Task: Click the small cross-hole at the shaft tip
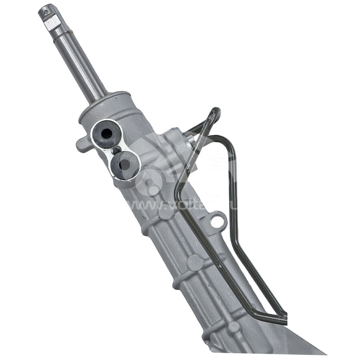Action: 45,12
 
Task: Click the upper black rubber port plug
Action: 106,134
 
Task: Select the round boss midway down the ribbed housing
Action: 195,262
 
